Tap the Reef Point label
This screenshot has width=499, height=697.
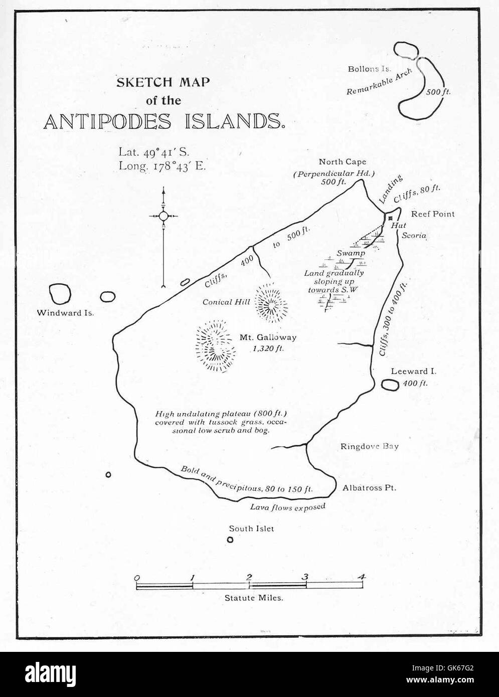pyautogui.click(x=433, y=214)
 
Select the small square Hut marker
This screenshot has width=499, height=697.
pyautogui.click(x=390, y=218)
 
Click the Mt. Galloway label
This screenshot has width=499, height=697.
pyautogui.click(x=268, y=337)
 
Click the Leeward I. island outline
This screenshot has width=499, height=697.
pyautogui.click(x=390, y=385)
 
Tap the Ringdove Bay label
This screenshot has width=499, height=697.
pyautogui.click(x=370, y=446)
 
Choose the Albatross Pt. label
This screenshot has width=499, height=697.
pyautogui.click(x=369, y=487)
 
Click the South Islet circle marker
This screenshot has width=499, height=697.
pyautogui.click(x=230, y=540)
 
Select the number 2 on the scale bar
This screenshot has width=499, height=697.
pyautogui.click(x=249, y=577)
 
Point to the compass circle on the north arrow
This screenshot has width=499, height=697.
pyautogui.click(x=163, y=216)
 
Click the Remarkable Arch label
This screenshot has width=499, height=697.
pyautogui.click(x=380, y=82)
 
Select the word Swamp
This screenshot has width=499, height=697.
pyautogui.click(x=351, y=254)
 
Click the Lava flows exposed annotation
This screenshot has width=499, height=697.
pyautogui.click(x=288, y=506)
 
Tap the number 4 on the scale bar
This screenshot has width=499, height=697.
pyautogui.click(x=361, y=577)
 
